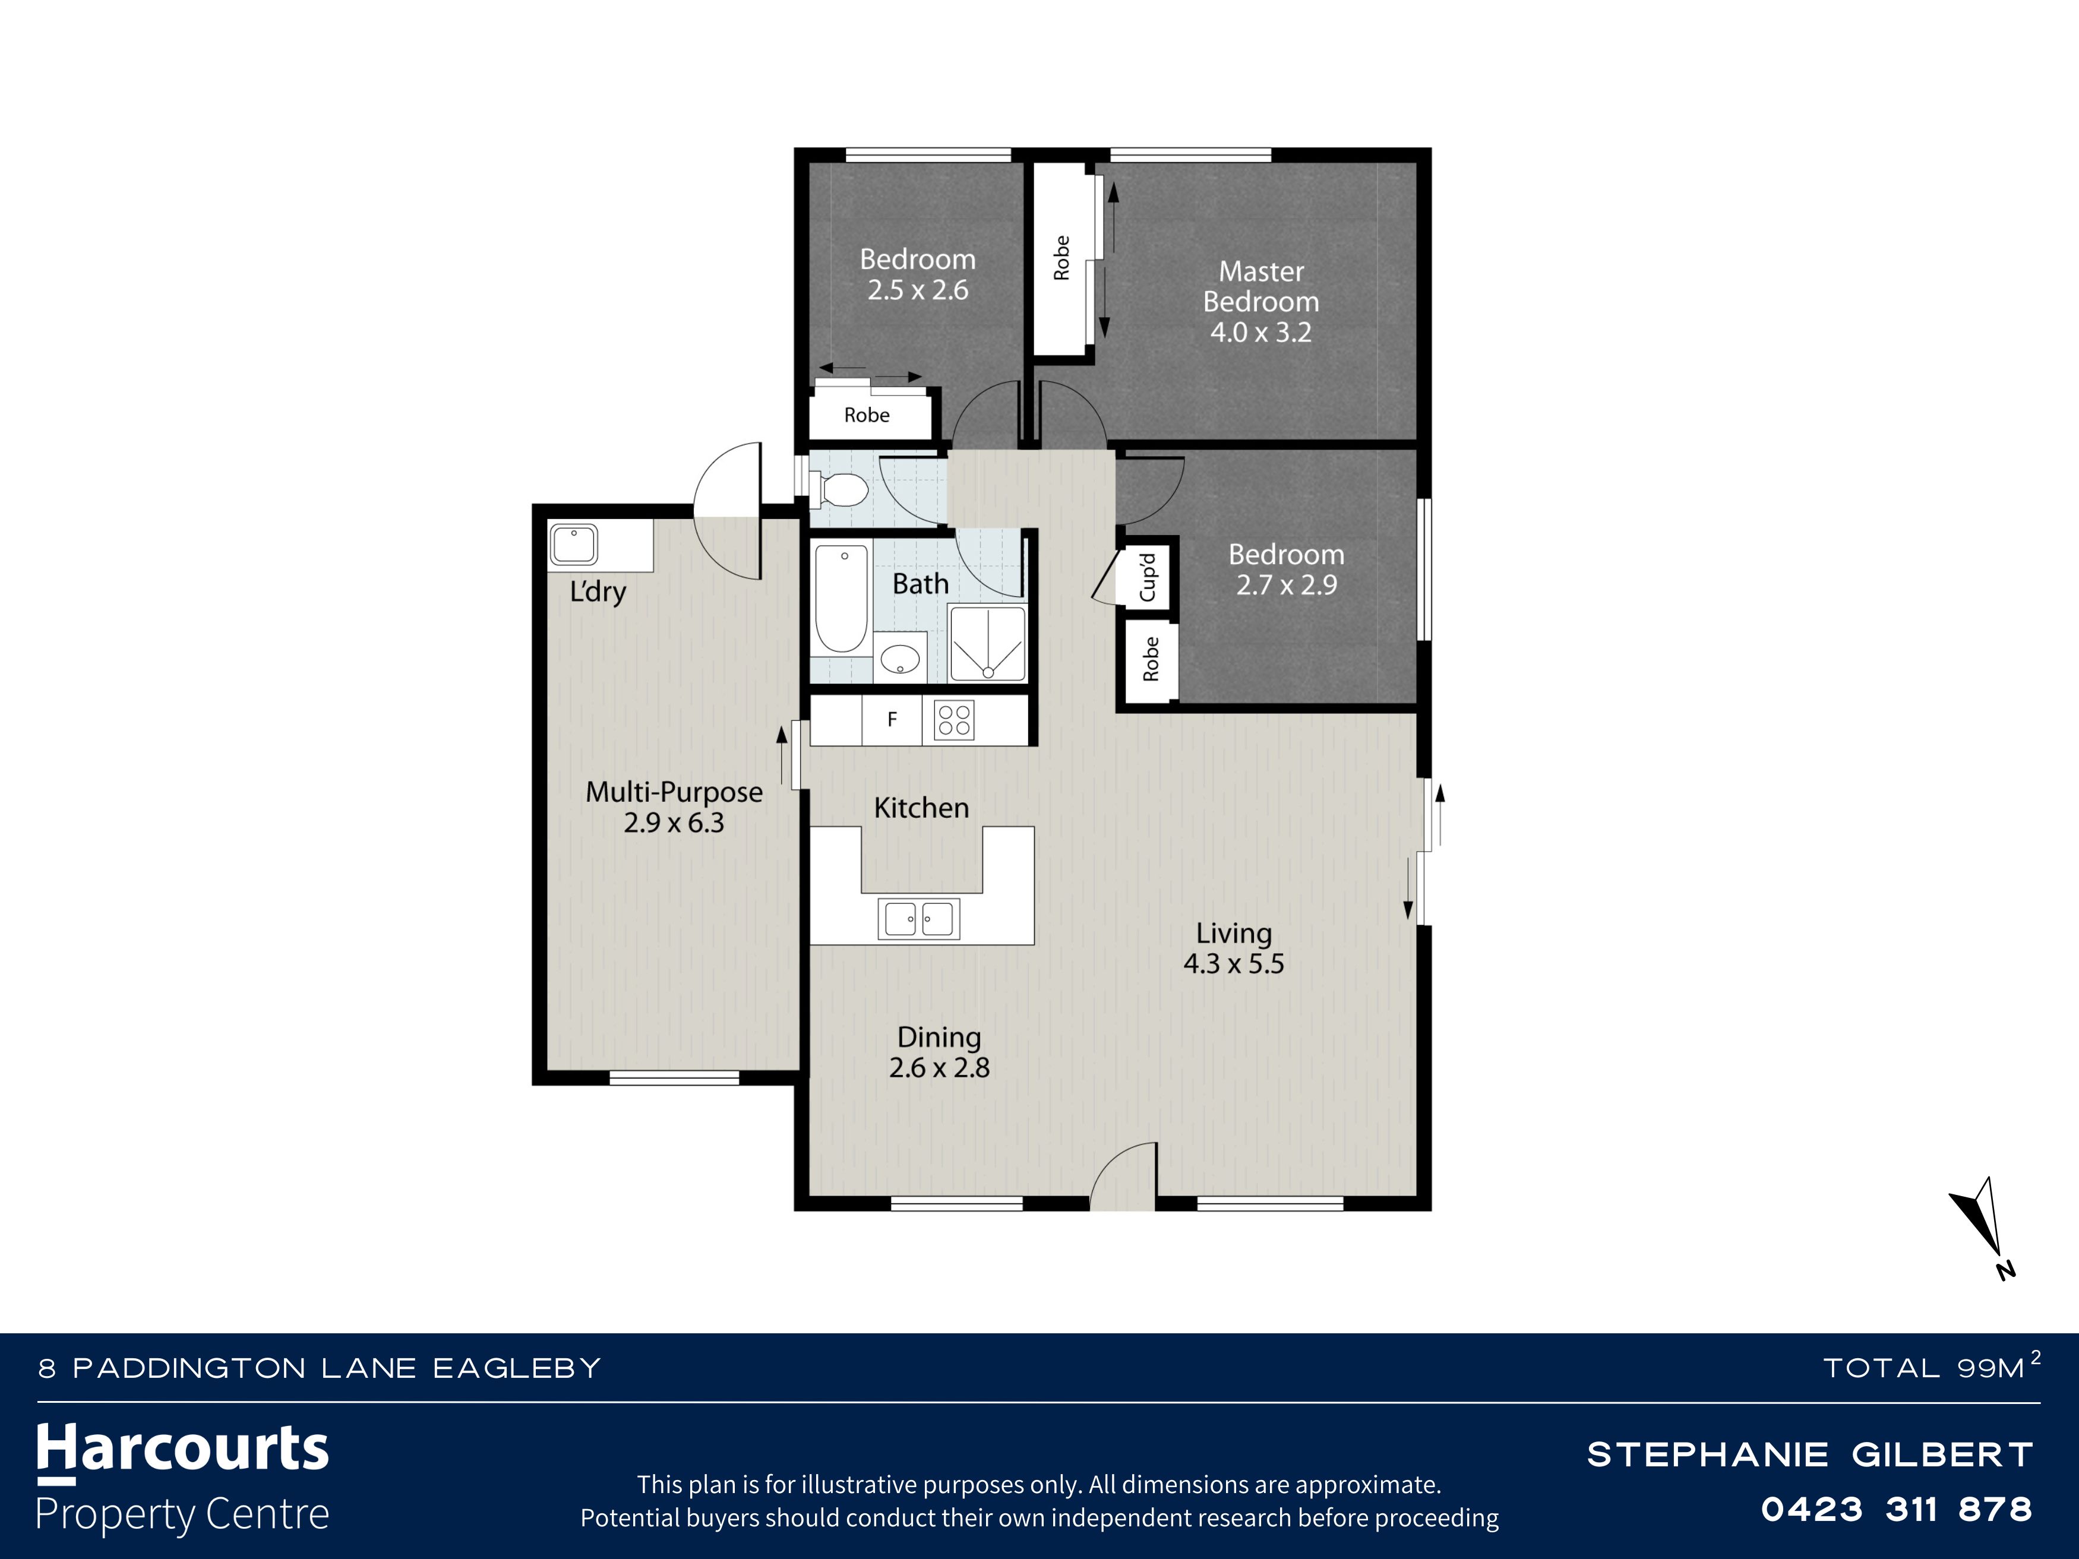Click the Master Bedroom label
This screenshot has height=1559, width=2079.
pyautogui.click(x=1260, y=287)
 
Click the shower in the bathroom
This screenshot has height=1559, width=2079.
pyautogui.click(x=987, y=644)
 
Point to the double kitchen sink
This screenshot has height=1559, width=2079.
pyautogui.click(x=919, y=918)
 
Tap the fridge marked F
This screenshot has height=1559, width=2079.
pyautogui.click(x=892, y=720)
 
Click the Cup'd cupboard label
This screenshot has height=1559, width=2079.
pyautogui.click(x=1148, y=576)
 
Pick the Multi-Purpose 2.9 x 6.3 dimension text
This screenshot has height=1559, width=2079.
pyautogui.click(x=674, y=823)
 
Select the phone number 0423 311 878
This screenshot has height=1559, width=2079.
pyautogui.click(x=1897, y=1509)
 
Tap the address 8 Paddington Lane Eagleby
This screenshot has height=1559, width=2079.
pyautogui.click(x=320, y=1368)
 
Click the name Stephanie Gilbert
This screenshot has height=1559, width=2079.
pyautogui.click(x=1810, y=1454)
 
